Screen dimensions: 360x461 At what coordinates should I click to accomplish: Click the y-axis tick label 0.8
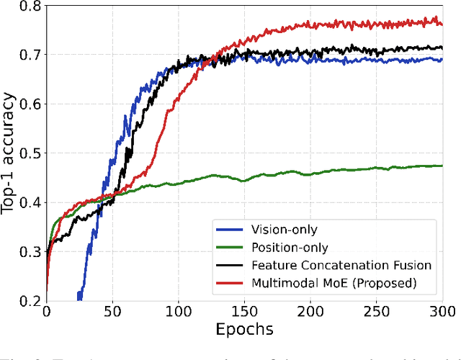(x=28, y=6)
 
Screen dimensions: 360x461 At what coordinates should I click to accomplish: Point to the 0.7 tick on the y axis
(x=28, y=55)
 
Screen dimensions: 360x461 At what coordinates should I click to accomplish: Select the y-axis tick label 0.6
(x=28, y=104)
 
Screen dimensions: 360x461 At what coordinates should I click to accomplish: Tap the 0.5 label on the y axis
(x=28, y=153)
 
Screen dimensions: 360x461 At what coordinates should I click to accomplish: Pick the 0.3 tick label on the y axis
(x=28, y=252)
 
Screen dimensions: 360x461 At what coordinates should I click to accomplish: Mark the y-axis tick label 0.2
(x=28, y=301)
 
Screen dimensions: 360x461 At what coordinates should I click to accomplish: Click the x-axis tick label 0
(x=47, y=312)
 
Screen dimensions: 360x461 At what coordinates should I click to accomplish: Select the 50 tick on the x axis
(x=112, y=312)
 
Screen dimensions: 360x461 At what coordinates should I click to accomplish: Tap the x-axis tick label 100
(x=179, y=312)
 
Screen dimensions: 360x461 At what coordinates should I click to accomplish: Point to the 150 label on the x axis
(x=245, y=312)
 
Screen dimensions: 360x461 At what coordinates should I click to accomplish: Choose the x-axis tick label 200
(x=310, y=312)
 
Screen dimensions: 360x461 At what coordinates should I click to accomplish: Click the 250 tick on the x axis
(x=377, y=312)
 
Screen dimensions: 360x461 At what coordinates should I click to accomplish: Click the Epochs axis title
(x=245, y=329)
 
